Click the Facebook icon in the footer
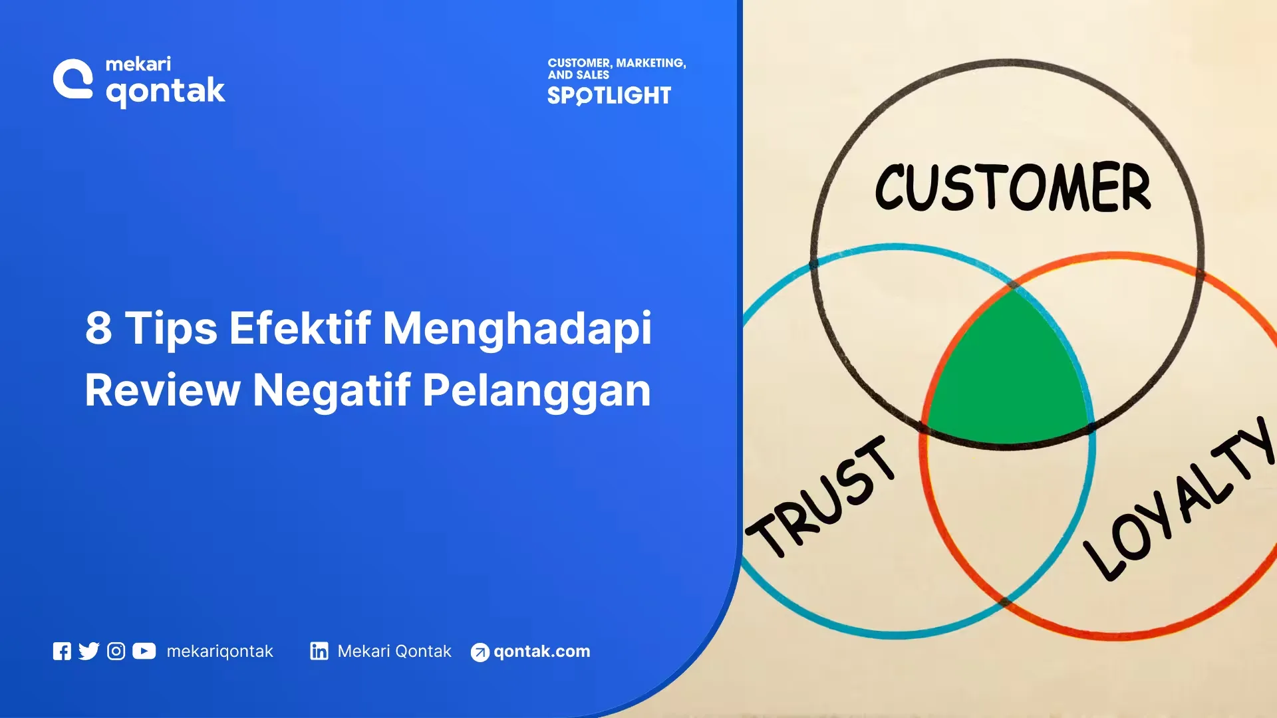pyautogui.click(x=62, y=652)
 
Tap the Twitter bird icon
pyautogui.click(x=88, y=651)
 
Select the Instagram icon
pyautogui.click(x=116, y=652)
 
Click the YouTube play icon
pyautogui.click(x=144, y=651)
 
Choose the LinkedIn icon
pyautogui.click(x=319, y=651)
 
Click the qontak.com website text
pyautogui.click(x=541, y=652)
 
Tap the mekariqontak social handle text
pyautogui.click(x=219, y=652)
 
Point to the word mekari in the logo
pyautogui.click(x=138, y=64)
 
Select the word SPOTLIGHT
pyautogui.click(x=609, y=96)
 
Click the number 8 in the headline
pyautogui.click(x=98, y=328)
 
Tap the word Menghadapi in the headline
pyautogui.click(x=517, y=329)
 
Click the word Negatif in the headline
pyautogui.click(x=331, y=391)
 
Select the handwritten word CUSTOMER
pyautogui.click(x=1012, y=187)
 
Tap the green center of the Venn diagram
pyautogui.click(x=1008, y=376)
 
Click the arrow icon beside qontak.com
pyautogui.click(x=480, y=653)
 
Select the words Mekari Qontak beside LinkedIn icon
pyautogui.click(x=394, y=652)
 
